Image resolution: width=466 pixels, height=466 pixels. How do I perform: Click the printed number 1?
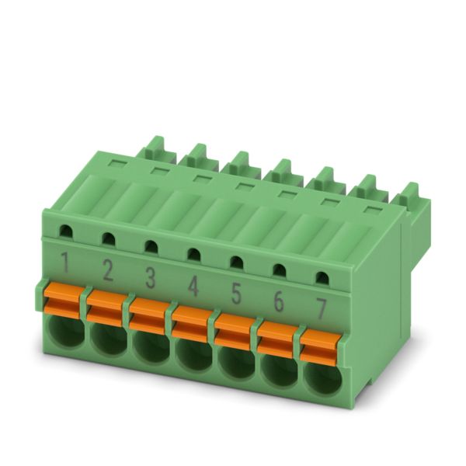point(65,263)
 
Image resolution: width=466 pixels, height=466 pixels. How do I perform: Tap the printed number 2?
point(108,270)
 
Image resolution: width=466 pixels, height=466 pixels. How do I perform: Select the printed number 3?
point(150,278)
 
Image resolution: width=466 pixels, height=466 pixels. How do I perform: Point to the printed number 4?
point(193,286)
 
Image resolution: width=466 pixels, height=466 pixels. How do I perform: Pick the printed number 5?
point(235,294)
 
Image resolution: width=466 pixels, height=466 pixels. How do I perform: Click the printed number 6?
point(279,301)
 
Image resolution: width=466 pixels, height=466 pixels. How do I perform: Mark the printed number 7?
point(321,309)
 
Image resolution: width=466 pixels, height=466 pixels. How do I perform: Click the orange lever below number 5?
point(235,332)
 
